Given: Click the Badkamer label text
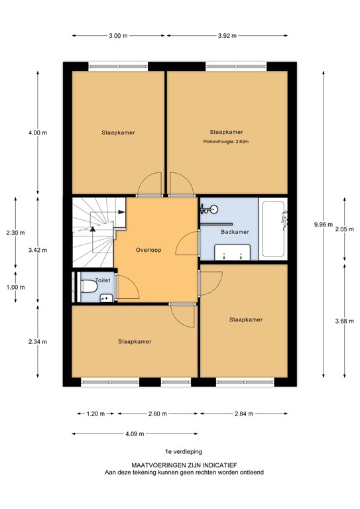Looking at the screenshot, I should click(235, 232).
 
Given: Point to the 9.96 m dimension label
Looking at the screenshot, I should click(324, 225).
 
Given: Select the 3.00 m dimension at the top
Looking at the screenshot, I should click(117, 36).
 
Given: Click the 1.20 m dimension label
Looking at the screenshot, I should click(96, 414).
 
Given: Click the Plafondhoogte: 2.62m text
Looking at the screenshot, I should click(225, 141).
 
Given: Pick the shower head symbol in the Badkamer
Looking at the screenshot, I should click(208, 210).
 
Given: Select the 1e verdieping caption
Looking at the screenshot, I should click(179, 451).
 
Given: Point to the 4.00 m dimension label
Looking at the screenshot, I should click(38, 133).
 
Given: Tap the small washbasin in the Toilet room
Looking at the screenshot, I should click(105, 298).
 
